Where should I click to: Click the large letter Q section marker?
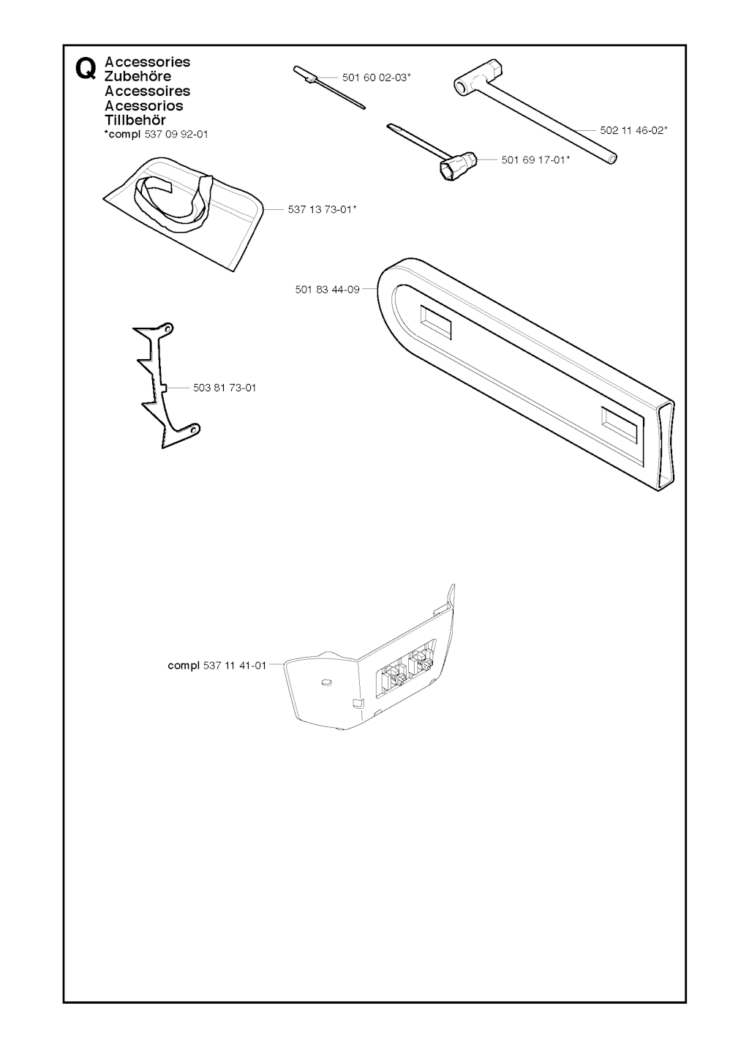click(x=86, y=69)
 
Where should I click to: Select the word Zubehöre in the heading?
click(x=138, y=76)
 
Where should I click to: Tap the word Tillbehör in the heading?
click(x=135, y=120)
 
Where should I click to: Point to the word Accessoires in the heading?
click(x=148, y=91)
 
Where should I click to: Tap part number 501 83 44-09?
click(x=327, y=290)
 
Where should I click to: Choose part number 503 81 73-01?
click(x=225, y=388)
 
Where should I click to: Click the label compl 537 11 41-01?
click(x=217, y=666)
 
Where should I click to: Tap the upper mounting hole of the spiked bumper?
click(x=166, y=328)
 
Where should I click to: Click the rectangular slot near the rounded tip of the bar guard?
click(x=436, y=322)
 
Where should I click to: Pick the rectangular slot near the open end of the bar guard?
click(x=619, y=425)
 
